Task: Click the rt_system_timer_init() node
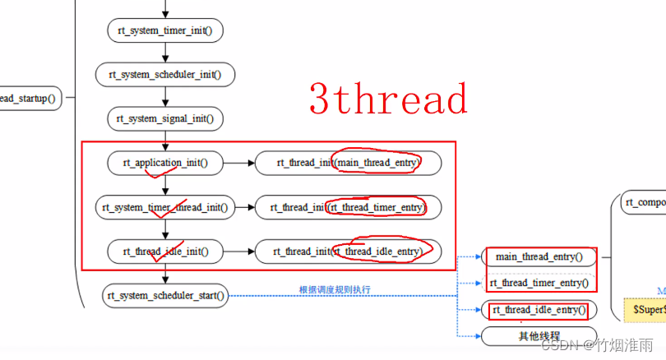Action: point(165,30)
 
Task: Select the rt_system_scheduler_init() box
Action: point(164,75)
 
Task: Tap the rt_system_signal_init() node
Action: point(165,119)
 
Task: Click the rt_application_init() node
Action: point(165,163)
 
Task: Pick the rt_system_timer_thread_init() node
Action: point(164,207)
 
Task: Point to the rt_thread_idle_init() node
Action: point(165,252)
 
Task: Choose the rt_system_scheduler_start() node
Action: point(165,295)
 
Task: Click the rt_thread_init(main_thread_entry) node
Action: point(348,163)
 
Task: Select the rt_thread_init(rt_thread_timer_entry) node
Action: point(348,207)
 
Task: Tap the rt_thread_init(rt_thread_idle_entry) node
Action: point(348,252)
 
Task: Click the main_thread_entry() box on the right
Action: point(539,257)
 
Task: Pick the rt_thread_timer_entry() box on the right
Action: point(539,283)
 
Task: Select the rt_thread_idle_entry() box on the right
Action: point(539,310)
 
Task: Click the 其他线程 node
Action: point(539,336)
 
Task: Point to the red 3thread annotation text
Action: point(388,99)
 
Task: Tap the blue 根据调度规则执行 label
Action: point(335,289)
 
